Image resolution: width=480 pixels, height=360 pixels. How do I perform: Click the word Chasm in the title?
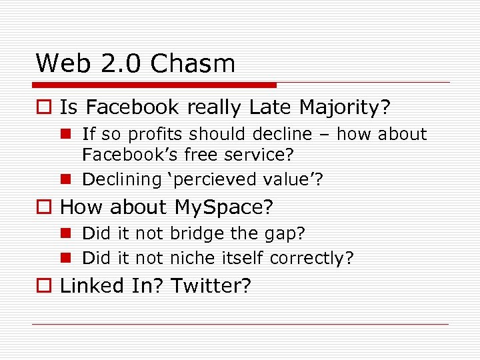(x=193, y=64)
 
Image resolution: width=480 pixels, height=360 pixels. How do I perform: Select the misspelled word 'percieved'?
(x=215, y=179)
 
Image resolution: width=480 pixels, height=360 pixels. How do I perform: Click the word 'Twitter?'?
(x=211, y=286)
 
